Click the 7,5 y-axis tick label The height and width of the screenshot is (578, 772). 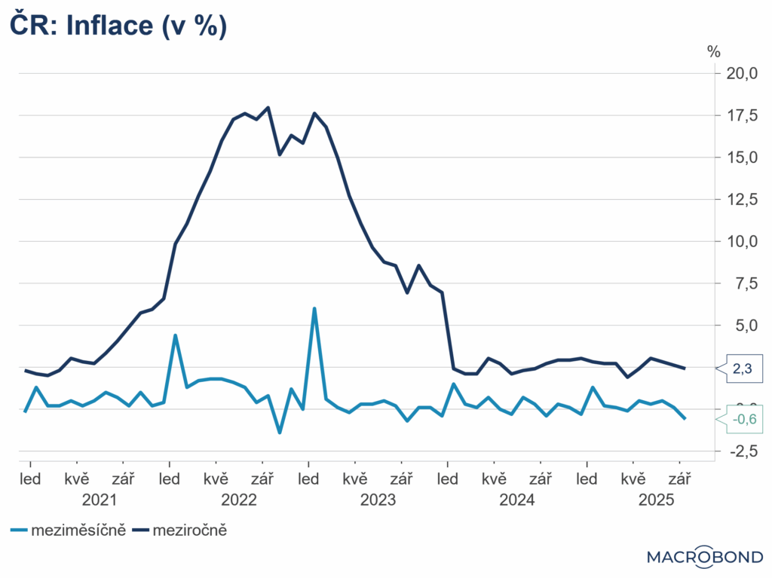[x=744, y=283]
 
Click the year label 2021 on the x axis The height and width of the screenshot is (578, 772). [x=100, y=500]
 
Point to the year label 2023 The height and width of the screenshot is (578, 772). [x=378, y=500]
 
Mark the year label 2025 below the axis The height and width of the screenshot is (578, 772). [x=657, y=500]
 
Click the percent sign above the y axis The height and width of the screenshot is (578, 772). [x=713, y=51]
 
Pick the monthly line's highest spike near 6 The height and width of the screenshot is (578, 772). [x=314, y=308]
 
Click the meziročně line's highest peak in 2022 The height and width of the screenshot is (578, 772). [x=268, y=107]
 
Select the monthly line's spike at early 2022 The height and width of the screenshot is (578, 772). [x=175, y=335]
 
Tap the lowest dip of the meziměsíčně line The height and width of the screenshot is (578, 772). [x=280, y=433]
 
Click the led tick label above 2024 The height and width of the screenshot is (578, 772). [x=448, y=479]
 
